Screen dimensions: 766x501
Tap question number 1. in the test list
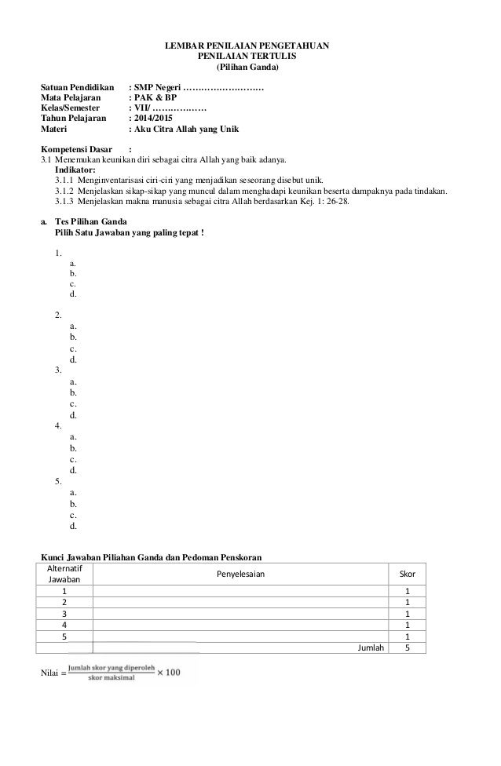pos(58,253)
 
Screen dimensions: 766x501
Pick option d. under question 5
pos(73,525)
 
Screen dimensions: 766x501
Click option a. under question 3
pos(73,379)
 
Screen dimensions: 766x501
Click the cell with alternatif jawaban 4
pos(64,625)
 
